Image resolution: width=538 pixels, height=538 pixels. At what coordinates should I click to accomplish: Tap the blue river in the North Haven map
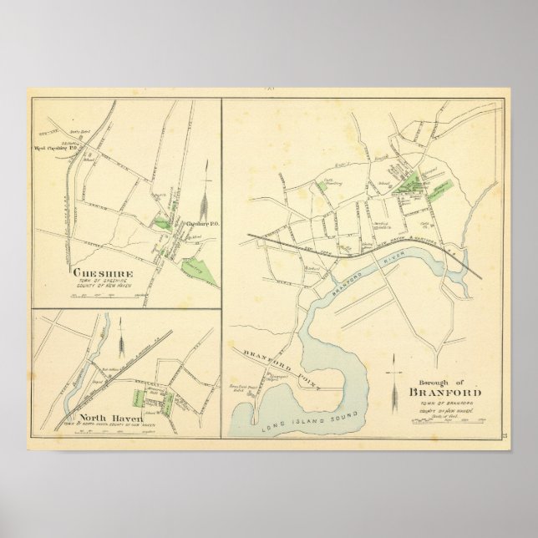(x=69, y=393)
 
